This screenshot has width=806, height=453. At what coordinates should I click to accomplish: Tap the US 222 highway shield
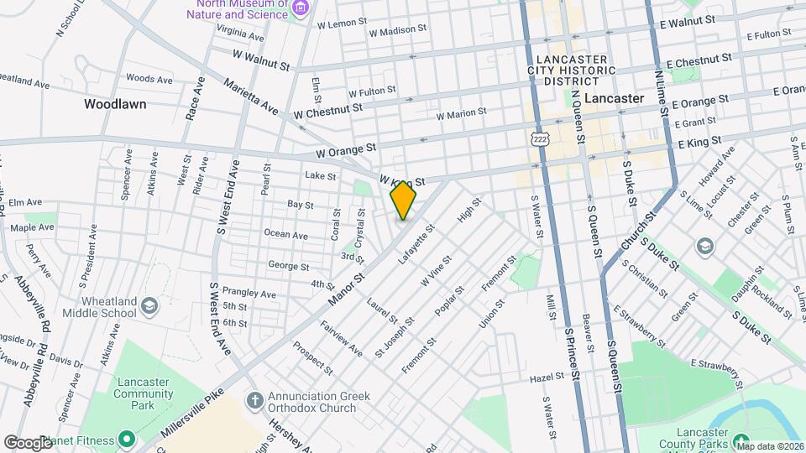click(539, 137)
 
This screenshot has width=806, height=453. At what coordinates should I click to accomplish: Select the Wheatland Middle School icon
click(150, 305)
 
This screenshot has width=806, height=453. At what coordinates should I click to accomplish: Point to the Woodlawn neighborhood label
click(115, 105)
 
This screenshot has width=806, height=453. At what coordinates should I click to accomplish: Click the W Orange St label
click(346, 151)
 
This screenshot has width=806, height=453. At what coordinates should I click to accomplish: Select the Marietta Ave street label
click(251, 97)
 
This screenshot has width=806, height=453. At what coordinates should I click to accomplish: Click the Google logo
click(28, 442)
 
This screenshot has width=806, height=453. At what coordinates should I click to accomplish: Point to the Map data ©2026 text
click(770, 446)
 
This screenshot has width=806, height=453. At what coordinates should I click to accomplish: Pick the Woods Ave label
click(149, 79)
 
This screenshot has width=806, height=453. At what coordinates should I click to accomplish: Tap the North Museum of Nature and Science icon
click(301, 8)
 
